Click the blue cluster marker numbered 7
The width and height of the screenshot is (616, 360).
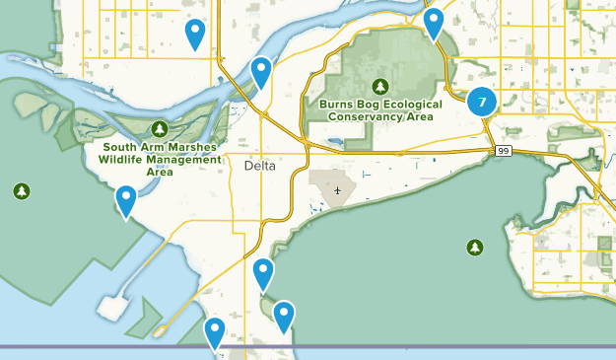481,101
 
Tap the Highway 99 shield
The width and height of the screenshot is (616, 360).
503,149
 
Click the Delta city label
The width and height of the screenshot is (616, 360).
261,167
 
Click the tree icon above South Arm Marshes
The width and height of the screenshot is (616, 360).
160,129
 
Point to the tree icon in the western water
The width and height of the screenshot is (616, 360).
22,190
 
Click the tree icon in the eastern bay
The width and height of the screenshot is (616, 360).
475,247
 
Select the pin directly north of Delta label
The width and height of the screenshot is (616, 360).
260,71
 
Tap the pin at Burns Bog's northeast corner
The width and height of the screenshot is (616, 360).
433,22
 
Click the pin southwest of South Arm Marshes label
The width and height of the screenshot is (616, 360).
126,200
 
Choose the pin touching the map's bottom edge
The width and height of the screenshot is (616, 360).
214,332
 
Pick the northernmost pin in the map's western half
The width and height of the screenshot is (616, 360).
196,34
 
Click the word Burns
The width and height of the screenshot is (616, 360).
337,103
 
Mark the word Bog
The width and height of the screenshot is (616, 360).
371,103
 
